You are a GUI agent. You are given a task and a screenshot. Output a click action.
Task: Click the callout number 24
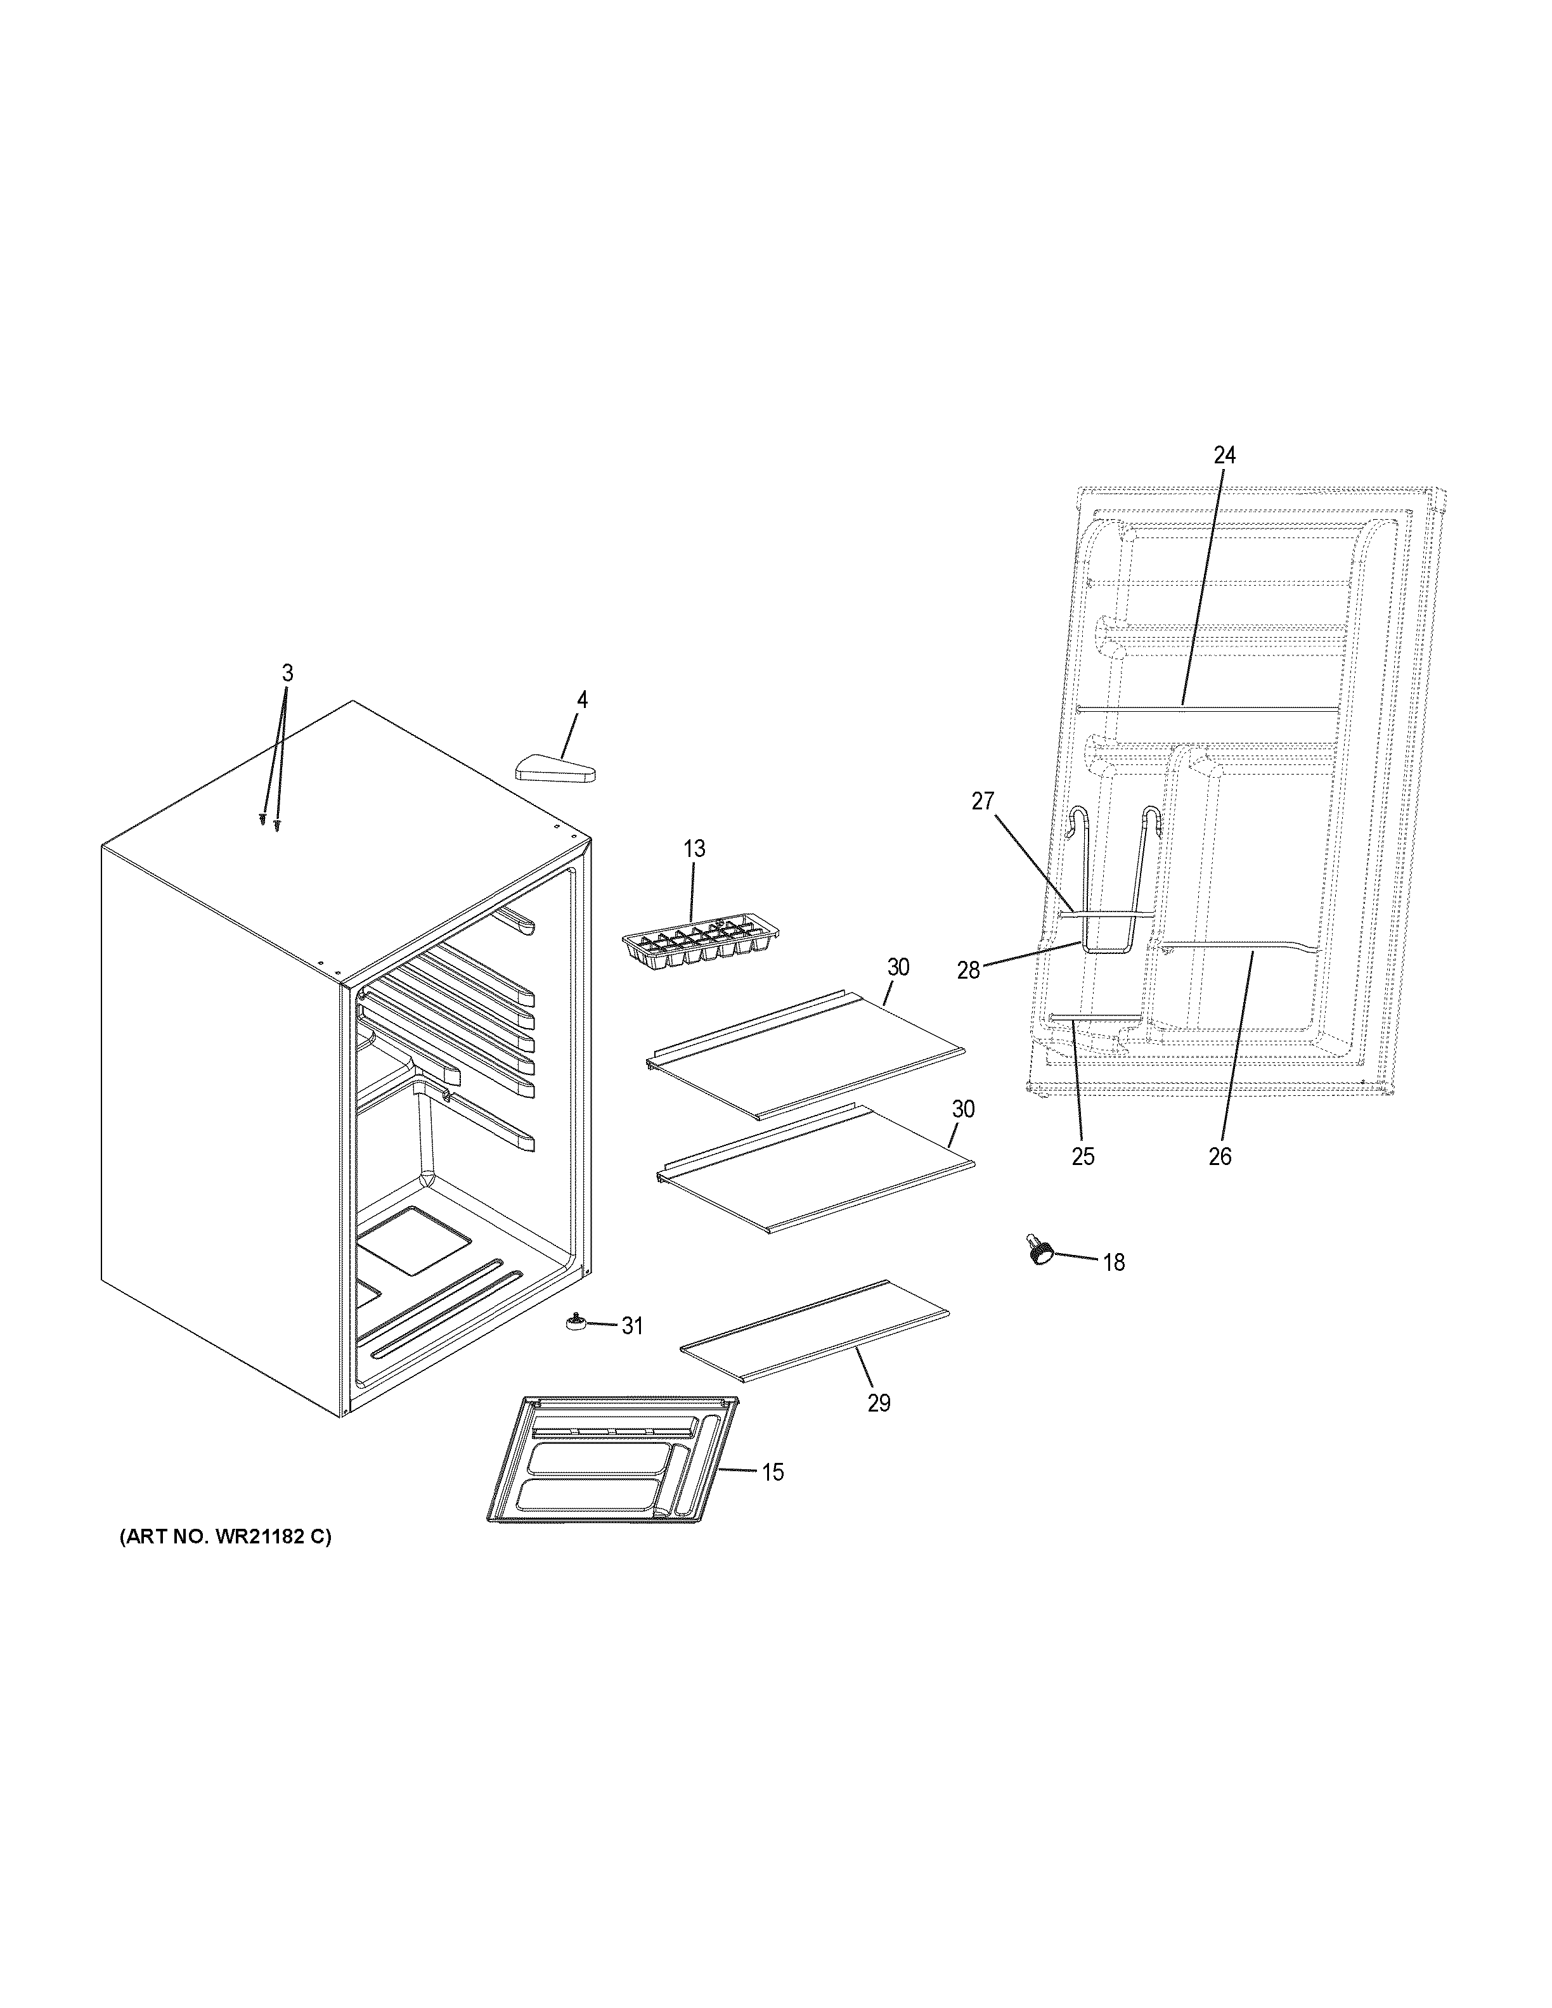tap(1224, 455)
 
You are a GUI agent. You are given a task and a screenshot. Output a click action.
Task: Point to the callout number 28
tap(968, 970)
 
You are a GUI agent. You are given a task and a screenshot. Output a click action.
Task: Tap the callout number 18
tap(1113, 1263)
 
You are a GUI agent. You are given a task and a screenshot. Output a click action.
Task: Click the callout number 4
tap(581, 700)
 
